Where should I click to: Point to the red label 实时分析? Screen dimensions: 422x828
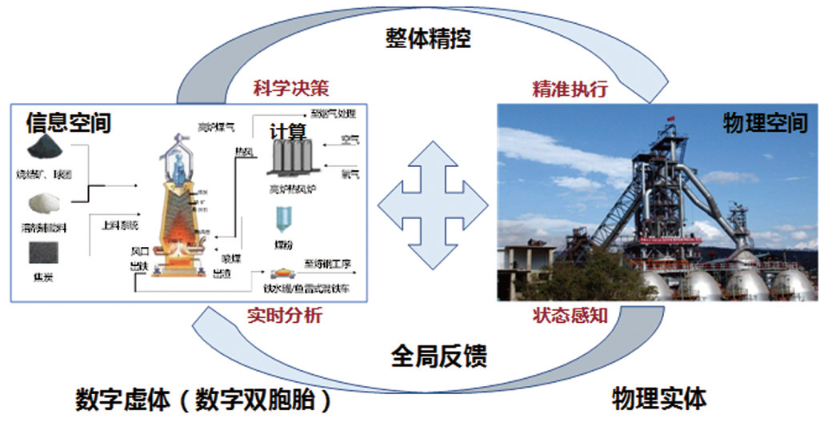point(285,316)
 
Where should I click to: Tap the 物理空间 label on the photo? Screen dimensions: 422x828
point(765,123)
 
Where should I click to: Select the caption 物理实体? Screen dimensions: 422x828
point(659,397)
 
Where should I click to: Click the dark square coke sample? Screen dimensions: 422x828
point(46,255)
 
